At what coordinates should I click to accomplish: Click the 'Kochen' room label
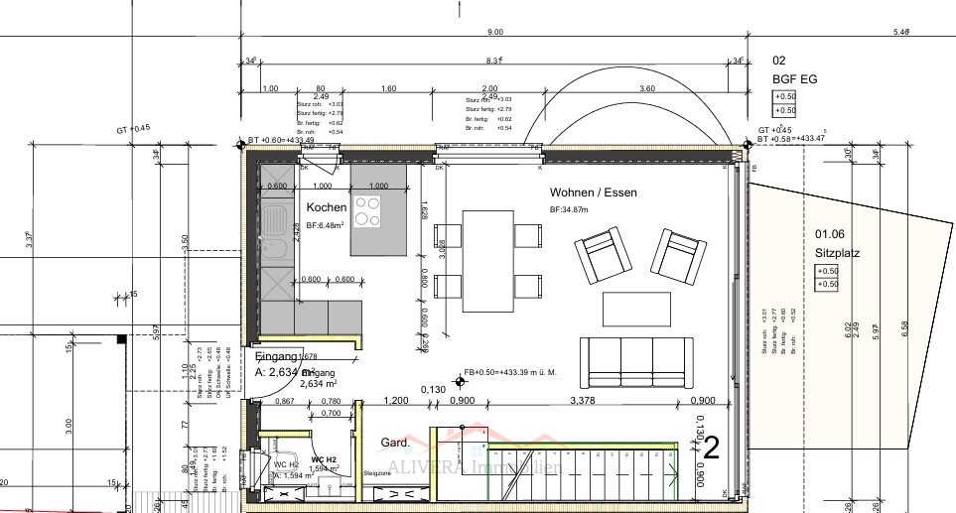(x=326, y=207)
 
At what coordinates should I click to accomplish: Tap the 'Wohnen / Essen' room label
(x=593, y=192)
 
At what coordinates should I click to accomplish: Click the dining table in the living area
(x=487, y=260)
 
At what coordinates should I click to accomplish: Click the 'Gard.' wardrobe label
(x=395, y=442)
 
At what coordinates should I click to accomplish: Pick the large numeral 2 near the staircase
(x=711, y=449)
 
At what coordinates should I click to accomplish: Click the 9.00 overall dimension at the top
(x=493, y=33)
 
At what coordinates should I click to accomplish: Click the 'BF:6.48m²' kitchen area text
(x=326, y=227)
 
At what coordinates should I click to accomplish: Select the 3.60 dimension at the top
(x=647, y=88)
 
